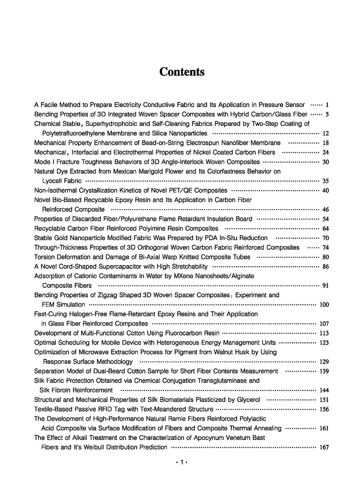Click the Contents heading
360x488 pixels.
coord(182,72)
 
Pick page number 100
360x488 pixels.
coord(324,305)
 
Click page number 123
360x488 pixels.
coord(324,343)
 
